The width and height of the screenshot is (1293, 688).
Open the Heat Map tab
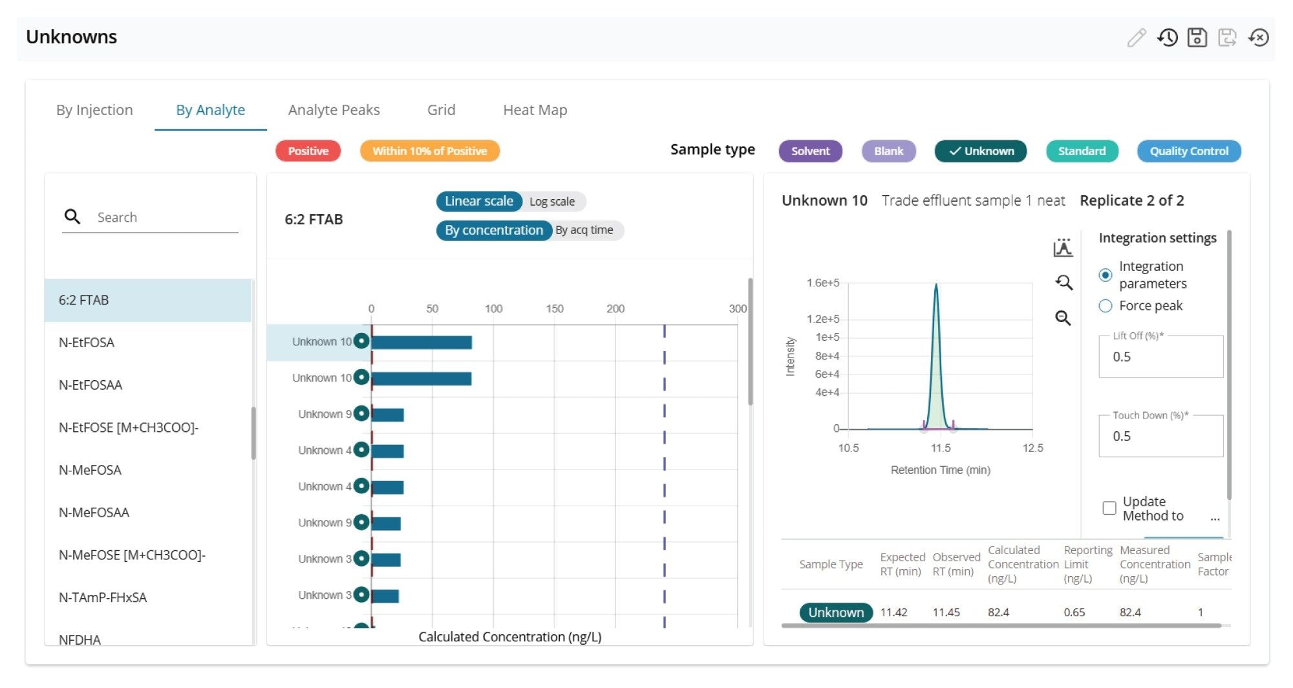click(x=535, y=110)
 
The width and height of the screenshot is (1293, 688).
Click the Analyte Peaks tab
click(x=334, y=110)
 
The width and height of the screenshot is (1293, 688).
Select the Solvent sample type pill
click(x=810, y=151)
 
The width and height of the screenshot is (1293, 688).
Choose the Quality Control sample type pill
click(x=1188, y=151)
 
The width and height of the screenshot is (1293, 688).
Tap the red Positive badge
click(x=308, y=151)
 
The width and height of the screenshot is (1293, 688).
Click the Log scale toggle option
click(x=552, y=202)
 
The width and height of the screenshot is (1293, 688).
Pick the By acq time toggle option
click(x=584, y=230)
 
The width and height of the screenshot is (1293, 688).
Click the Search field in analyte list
click(x=165, y=217)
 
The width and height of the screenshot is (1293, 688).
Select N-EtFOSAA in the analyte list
click(x=91, y=385)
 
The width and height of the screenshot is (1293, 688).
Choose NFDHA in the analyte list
click(x=80, y=640)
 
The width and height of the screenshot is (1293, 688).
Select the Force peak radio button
click(x=1106, y=306)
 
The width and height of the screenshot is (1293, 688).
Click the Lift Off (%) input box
click(x=1160, y=357)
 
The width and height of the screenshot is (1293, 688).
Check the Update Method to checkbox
click(x=1109, y=508)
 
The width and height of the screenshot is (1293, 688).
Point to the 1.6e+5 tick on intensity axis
click(x=823, y=283)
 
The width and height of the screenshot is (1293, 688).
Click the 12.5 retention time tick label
click(x=1032, y=448)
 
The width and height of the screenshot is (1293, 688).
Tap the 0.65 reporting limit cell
click(x=1074, y=612)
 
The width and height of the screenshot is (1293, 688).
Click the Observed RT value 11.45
click(x=946, y=612)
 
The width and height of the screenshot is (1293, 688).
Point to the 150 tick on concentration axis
click(x=554, y=309)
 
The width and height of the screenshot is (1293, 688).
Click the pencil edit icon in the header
click(x=1136, y=38)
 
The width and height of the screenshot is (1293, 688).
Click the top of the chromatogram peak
click(x=935, y=285)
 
